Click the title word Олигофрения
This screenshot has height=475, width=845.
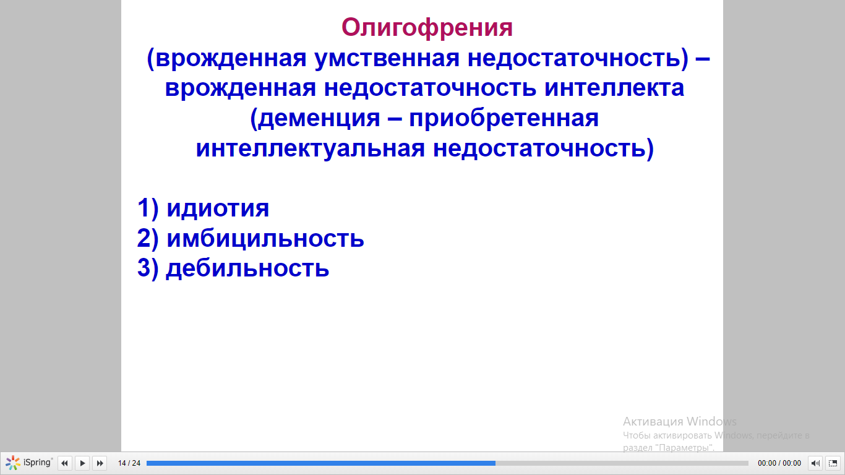point(427,28)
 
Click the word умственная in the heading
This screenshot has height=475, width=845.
point(387,59)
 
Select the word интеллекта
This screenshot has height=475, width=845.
point(614,88)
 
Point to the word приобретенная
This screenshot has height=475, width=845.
point(504,119)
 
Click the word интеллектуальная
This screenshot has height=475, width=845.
point(311,148)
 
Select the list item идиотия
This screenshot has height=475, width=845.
point(218,208)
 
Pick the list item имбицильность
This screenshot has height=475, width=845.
point(265,239)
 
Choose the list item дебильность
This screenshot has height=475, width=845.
point(247,268)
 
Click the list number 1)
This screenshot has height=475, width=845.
point(148,208)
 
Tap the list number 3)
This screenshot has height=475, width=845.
point(148,268)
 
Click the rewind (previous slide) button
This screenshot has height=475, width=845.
point(64,463)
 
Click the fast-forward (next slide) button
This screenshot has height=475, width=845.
point(100,463)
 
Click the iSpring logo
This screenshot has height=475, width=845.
point(29,463)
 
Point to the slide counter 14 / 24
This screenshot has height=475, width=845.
point(129,463)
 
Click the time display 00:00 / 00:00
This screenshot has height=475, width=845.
point(779,463)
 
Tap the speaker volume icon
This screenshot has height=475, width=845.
point(815,463)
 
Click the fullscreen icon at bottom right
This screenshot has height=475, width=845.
point(833,463)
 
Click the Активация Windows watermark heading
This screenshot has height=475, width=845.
point(680,421)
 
